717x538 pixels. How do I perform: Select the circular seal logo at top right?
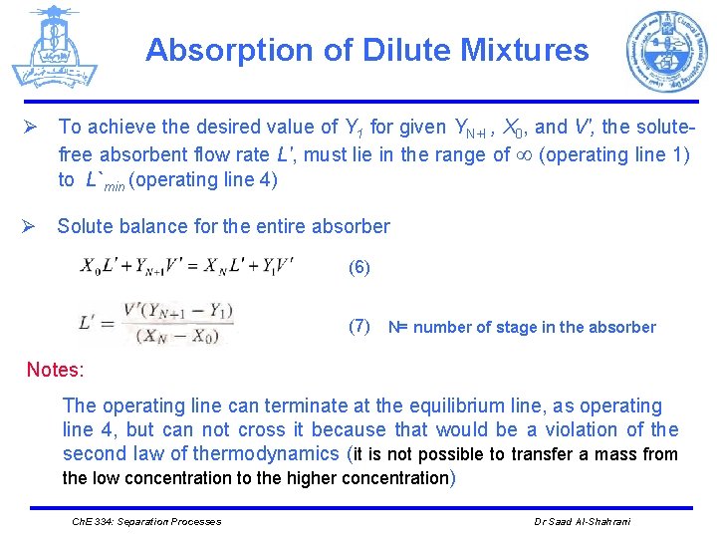coord(666,52)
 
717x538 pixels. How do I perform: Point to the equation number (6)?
coord(358,268)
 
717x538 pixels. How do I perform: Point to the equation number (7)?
coord(358,326)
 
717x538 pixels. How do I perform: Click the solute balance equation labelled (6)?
coord(186,267)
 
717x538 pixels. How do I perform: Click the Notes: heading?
coord(56,370)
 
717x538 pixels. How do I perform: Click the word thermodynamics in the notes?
coord(266,454)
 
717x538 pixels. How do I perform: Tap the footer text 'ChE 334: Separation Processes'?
coord(146,521)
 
